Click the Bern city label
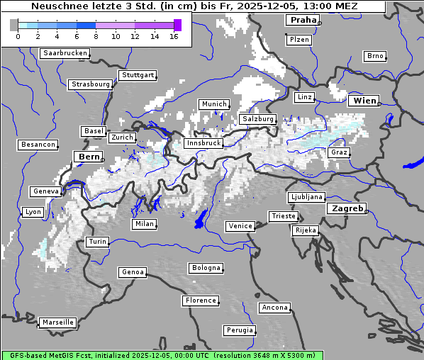[x=89, y=157]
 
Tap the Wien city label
[x=364, y=101]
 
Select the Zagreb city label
[x=347, y=209]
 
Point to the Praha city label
[x=303, y=21]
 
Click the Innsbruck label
[x=203, y=143]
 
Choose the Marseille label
[x=57, y=322]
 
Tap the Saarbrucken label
[x=65, y=53]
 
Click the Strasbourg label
[x=91, y=84]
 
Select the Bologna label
[x=206, y=268]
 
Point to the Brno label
[x=374, y=56]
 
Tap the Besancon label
[x=38, y=145]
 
